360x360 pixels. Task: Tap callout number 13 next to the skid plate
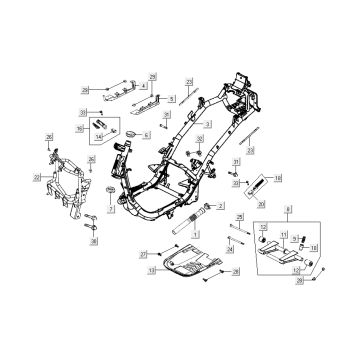pos(152,270)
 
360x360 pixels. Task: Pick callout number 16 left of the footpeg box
pos(80,128)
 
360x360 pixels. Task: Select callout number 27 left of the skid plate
pos(143,254)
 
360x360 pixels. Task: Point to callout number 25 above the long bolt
pos(239,217)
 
